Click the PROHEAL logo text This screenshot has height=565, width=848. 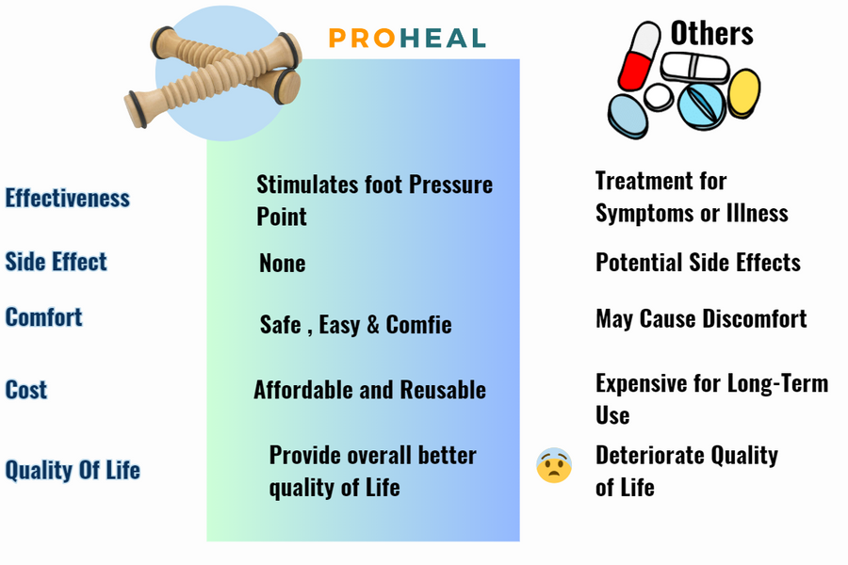(x=407, y=38)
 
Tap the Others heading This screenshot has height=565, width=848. (x=711, y=34)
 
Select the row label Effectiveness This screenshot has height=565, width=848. (x=68, y=198)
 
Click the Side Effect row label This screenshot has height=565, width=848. (x=57, y=261)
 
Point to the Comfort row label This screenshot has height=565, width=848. (x=43, y=316)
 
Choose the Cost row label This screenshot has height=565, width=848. (x=26, y=389)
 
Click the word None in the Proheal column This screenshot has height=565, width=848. (x=283, y=264)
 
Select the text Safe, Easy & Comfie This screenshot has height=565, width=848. (x=356, y=324)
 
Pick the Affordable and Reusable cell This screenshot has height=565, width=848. (x=370, y=389)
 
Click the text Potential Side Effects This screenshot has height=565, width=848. (x=698, y=262)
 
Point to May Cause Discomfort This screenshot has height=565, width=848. (x=701, y=318)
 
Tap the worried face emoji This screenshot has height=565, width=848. (x=554, y=465)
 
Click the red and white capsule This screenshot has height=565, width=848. (x=639, y=56)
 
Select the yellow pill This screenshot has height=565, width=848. (x=743, y=93)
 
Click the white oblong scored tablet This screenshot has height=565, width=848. (x=694, y=68)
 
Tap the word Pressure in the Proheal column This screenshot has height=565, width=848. (x=450, y=185)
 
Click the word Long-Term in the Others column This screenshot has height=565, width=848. (x=777, y=383)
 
